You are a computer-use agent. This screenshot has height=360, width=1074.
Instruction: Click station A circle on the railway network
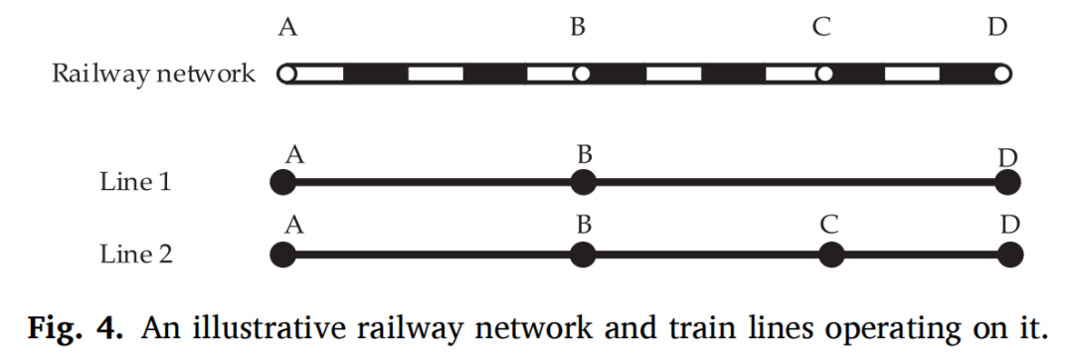point(288,74)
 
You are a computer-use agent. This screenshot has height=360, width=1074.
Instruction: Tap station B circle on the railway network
point(582,74)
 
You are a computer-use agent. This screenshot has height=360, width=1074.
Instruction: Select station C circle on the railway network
point(824,74)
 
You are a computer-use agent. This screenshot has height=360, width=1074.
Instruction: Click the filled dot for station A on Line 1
point(282,183)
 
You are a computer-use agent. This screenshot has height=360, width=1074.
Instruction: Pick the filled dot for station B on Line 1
point(583,183)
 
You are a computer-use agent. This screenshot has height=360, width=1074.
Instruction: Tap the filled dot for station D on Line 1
point(1007,183)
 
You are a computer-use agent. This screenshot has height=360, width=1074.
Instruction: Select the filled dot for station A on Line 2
point(282,256)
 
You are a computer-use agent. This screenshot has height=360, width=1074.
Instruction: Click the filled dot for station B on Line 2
point(583,256)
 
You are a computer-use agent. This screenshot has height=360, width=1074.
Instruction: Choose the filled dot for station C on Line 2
point(831,256)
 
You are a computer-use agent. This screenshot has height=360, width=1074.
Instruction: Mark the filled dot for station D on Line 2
point(1009,256)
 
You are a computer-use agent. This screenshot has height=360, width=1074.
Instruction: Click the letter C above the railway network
point(821,28)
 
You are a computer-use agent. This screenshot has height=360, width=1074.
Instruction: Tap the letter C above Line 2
point(829,225)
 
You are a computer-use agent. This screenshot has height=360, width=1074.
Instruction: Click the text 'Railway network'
point(154,74)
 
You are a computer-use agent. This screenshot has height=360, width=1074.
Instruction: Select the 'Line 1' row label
point(135,182)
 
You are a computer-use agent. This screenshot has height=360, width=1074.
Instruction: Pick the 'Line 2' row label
point(136,255)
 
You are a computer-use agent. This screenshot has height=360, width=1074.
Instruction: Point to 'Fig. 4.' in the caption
point(76,328)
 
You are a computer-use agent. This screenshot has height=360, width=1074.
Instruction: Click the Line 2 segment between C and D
point(921,256)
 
